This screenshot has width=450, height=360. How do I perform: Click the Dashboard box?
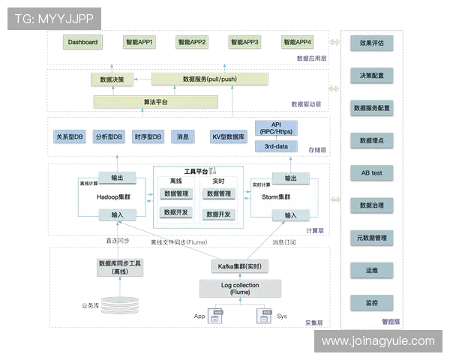pos(82,43)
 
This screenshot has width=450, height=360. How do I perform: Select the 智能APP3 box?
pos(244,43)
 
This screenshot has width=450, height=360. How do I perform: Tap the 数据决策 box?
pos(112,79)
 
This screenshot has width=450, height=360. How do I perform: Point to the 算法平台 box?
pos(156,101)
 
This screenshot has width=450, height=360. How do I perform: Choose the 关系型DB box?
pos(70,137)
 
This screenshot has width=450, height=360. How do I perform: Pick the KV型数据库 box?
pos(228,137)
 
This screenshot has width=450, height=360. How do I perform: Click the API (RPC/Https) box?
pos(277,129)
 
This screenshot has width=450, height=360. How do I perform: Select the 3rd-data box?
pos(277,147)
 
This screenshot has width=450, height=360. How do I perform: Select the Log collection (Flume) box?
pos(241,288)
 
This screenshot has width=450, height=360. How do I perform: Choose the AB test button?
pos(371,172)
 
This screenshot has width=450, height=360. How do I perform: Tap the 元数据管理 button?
pos(371,238)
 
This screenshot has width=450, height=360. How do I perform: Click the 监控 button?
pos(371,303)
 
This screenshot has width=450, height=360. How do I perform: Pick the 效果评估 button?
pos(371,43)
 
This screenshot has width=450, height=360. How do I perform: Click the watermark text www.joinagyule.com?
pos(378,341)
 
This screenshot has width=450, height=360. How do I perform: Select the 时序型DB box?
pos(148,137)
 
